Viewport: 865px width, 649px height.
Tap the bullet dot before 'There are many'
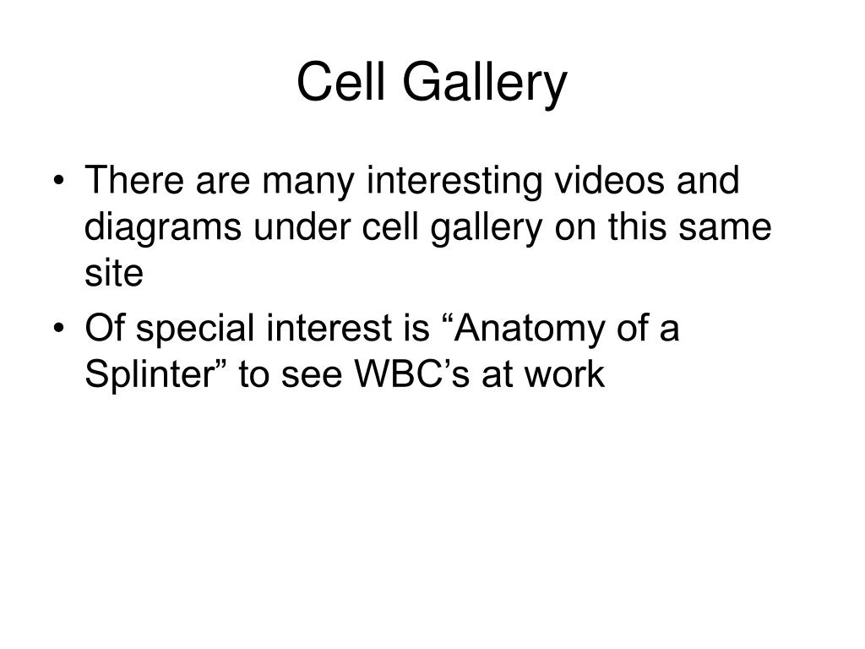[x=66, y=183]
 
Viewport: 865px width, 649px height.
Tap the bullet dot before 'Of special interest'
[x=66, y=330]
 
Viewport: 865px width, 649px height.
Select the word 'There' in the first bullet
[x=128, y=182]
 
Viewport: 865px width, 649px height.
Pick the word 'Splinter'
[x=156, y=375]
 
